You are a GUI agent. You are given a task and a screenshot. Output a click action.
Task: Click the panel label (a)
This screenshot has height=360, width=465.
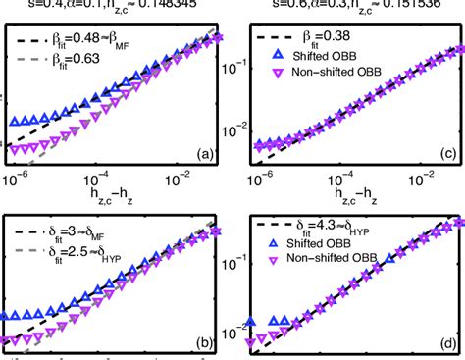pyautogui.click(x=205, y=153)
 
